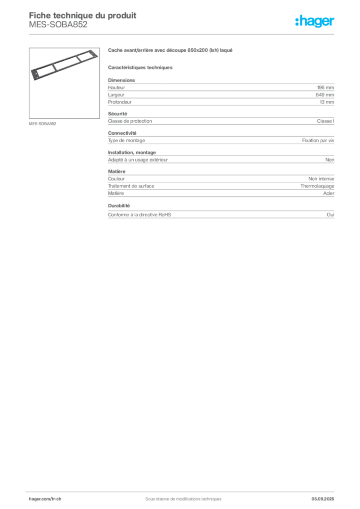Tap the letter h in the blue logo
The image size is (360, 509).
[x=298, y=21]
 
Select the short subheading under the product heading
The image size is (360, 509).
[x=141, y=67]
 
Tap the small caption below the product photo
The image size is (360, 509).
[x=44, y=123]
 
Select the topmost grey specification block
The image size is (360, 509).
[x=220, y=92]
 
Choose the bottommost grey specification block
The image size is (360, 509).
[x=220, y=213]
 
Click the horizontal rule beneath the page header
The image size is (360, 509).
[x=183, y=35]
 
